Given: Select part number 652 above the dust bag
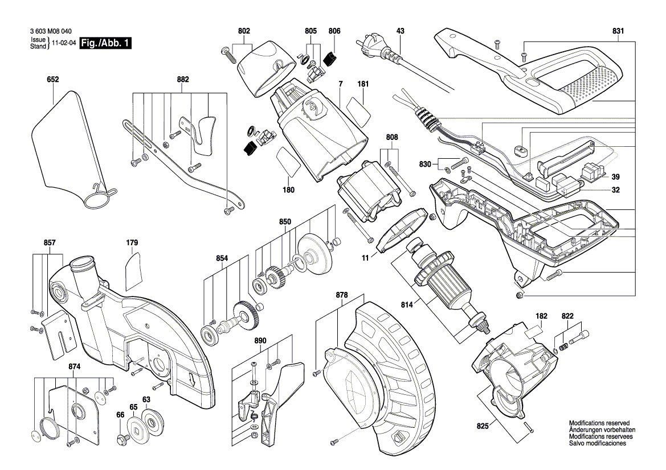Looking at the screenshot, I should point(53,81).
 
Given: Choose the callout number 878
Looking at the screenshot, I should point(341,295).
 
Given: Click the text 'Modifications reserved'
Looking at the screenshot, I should point(599,423).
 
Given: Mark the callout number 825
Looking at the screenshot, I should point(483,425).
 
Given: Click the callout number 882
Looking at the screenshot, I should point(182,81).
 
